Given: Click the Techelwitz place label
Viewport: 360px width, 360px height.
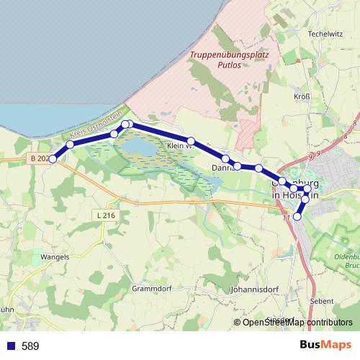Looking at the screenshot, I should tap(324, 34).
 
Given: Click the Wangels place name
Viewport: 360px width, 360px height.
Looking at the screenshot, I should tap(55, 256).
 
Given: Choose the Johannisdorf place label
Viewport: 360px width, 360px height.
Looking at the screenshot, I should tap(253, 291).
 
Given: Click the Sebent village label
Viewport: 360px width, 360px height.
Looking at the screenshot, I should tap(323, 301).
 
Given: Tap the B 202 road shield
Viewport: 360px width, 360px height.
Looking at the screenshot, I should tap(40, 158).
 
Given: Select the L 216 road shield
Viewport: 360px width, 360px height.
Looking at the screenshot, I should tap(105, 215).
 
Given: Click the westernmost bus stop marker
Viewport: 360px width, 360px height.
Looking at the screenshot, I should tap(53, 158).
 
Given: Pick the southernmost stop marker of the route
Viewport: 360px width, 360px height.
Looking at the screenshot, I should tap(297, 216).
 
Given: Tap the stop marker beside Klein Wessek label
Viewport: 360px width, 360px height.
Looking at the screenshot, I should tap(192, 141).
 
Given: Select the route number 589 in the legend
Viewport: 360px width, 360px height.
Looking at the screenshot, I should tap(30, 346).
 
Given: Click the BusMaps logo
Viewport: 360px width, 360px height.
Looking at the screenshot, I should tap(326, 346).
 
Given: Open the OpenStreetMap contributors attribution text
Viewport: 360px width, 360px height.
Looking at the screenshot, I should tap(297, 323).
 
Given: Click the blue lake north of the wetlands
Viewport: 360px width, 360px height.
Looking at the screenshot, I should tap(144, 148).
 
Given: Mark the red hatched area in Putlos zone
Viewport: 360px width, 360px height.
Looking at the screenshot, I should tap(247, 132).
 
